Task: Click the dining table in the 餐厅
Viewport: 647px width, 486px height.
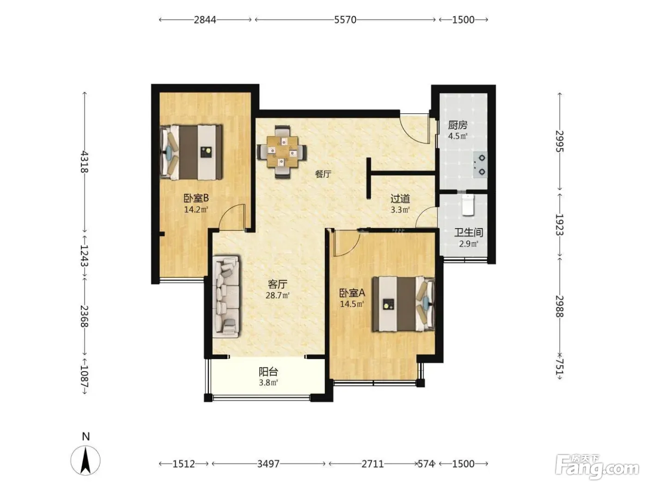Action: (282, 152)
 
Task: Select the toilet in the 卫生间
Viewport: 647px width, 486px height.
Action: (468, 205)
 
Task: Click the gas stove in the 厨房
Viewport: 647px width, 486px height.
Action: (480, 165)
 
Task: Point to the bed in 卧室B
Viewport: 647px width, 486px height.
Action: (191, 152)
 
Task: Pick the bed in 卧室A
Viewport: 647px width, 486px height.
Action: (403, 304)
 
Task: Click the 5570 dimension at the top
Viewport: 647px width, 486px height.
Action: (345, 20)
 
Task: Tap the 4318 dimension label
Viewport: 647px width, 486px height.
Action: (85, 162)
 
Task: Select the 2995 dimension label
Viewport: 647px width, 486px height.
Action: (559, 141)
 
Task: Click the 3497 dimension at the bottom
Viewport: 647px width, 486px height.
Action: (268, 464)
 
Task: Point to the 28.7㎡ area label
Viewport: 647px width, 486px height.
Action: (277, 295)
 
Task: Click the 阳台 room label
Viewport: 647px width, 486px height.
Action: (268, 371)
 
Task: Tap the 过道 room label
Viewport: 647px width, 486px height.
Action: (400, 199)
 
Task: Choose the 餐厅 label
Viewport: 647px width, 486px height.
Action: (323, 174)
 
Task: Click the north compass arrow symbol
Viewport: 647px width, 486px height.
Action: (85, 461)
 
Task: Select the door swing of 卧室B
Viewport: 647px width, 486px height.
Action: (232, 217)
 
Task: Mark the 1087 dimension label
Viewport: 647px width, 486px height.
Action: (85, 376)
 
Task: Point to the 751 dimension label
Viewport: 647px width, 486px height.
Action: (559, 367)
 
